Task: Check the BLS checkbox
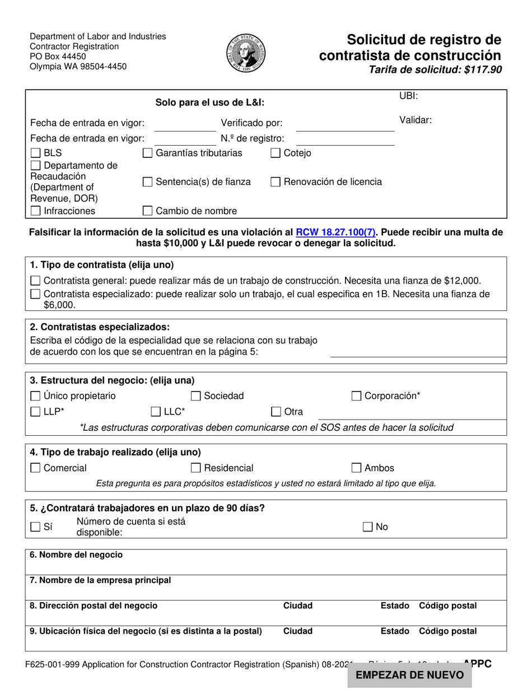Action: [x=35, y=153]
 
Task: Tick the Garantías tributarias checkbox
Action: [x=148, y=153]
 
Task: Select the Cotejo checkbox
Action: [x=276, y=153]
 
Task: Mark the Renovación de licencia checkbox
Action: [x=276, y=181]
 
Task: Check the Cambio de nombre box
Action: [x=148, y=211]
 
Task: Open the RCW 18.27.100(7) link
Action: [x=336, y=232]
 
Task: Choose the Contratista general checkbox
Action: [x=35, y=281]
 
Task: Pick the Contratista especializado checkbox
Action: [x=35, y=294]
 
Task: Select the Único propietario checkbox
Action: [x=35, y=396]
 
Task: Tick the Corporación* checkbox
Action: [x=356, y=396]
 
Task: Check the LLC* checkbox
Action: [x=156, y=412]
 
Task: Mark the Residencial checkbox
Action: [x=196, y=468]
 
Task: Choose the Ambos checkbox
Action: [x=356, y=468]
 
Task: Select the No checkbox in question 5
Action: [x=368, y=527]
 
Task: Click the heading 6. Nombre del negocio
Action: [x=76, y=555]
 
